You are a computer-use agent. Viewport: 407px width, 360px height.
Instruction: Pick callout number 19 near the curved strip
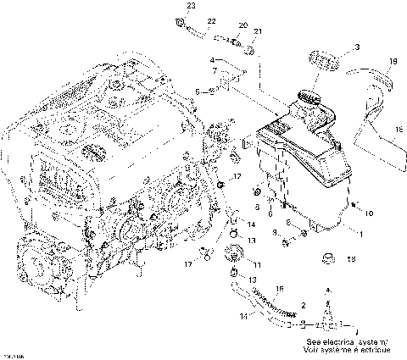pyautogui.click(x=392, y=62)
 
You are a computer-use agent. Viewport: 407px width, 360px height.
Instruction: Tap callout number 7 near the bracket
pyautogui.click(x=216, y=69)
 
